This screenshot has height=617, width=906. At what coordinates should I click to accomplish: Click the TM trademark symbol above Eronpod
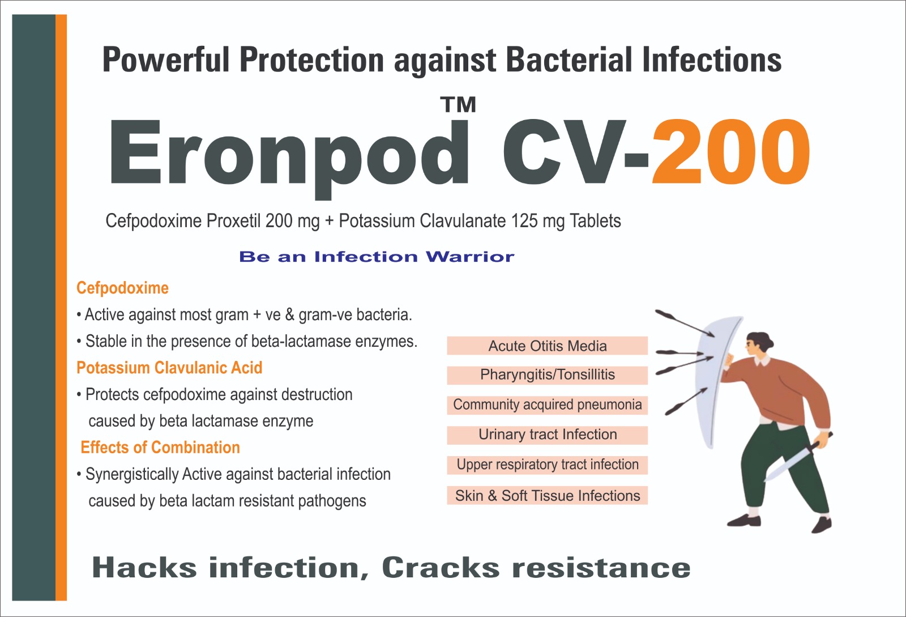pyautogui.click(x=458, y=105)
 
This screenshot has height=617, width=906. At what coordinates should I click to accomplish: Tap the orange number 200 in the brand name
pyautogui.click(x=731, y=152)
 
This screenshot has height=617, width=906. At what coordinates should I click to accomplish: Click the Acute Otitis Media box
pyautogui.click(x=547, y=346)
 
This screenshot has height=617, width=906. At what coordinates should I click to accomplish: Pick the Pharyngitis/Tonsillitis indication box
pyautogui.click(x=547, y=375)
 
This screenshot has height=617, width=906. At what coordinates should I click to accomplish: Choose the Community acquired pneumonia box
pyautogui.click(x=547, y=405)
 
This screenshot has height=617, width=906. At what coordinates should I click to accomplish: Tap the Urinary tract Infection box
pyautogui.click(x=547, y=435)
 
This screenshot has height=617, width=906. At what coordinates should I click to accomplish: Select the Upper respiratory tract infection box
pyautogui.click(x=547, y=465)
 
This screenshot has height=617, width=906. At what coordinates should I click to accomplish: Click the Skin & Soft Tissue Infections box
pyautogui.click(x=547, y=495)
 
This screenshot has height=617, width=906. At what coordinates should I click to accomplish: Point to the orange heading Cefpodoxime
pyautogui.click(x=122, y=288)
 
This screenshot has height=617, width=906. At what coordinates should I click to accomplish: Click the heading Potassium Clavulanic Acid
pyautogui.click(x=169, y=368)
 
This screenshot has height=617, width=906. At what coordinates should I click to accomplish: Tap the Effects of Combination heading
pyautogui.click(x=160, y=448)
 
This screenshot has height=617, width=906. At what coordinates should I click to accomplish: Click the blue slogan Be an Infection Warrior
pyautogui.click(x=377, y=257)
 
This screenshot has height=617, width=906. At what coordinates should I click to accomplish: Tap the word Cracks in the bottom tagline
pyautogui.click(x=441, y=568)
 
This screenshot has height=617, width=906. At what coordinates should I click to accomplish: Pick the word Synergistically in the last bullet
pyautogui.click(x=132, y=475)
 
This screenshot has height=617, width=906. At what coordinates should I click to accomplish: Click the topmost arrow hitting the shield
pyautogui.click(x=685, y=323)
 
